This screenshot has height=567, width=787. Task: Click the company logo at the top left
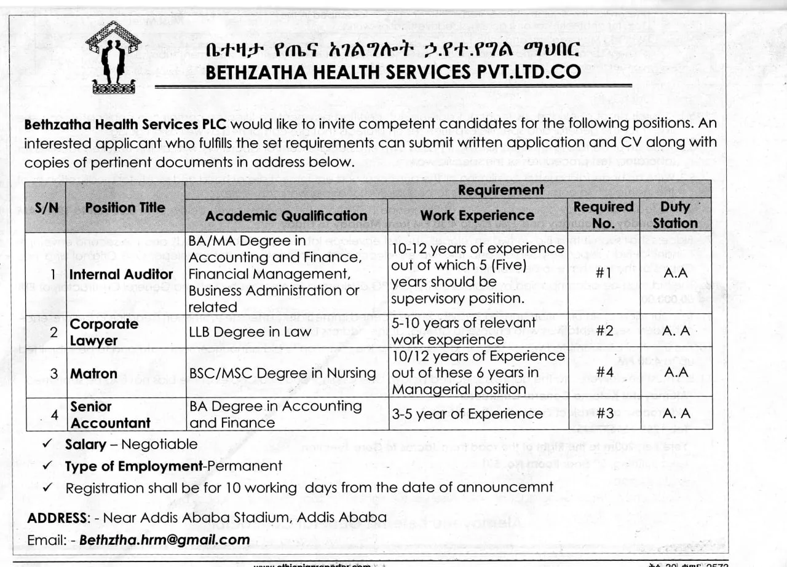coord(113,57)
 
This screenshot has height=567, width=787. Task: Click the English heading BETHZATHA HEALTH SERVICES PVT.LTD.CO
coord(393,72)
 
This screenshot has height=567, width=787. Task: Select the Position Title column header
coord(125,208)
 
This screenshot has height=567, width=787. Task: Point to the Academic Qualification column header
coord(286,216)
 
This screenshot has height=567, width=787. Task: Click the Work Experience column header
coord(477,216)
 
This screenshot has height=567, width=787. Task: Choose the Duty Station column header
coord(675,215)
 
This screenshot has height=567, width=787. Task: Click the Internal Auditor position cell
coord(121,274)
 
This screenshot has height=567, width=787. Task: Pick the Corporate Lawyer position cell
coord(104,332)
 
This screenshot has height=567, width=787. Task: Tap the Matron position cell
coord(93,373)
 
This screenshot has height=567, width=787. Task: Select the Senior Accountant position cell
coord(110,415)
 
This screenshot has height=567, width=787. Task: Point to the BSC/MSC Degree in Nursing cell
coord(282,373)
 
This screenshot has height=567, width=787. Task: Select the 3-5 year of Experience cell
coord(467,414)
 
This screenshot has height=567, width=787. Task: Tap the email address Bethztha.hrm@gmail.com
coord(165,540)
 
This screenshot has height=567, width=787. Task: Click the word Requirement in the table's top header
coord(500,190)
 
